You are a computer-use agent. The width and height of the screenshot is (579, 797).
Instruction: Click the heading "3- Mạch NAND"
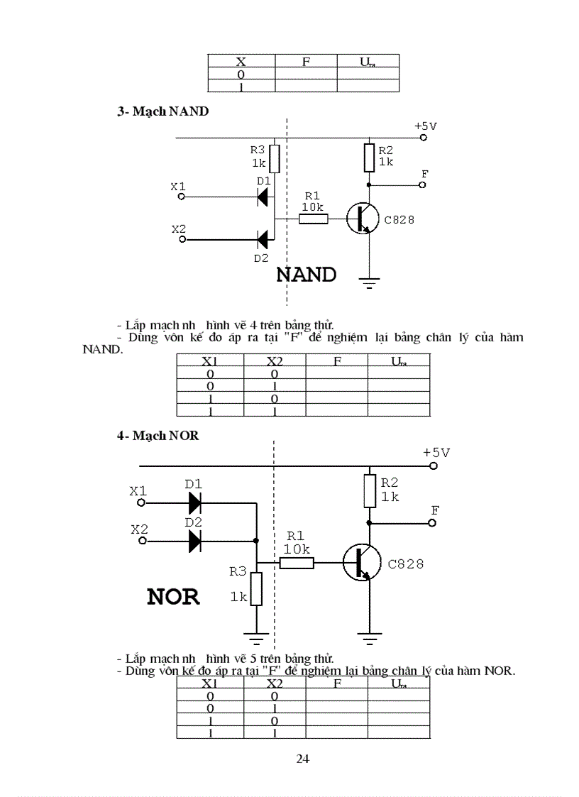coord(162,111)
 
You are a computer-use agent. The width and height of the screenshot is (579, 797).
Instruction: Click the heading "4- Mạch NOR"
coord(158,436)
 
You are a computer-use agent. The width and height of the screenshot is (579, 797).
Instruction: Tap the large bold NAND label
coord(306,275)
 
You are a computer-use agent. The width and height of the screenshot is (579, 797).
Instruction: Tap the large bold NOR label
coord(173,597)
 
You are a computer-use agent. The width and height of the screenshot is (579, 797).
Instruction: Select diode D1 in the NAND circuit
coord(263,197)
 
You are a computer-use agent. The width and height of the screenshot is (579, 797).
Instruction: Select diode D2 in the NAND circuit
coord(263,239)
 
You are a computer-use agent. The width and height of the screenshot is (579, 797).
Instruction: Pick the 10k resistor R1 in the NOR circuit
coord(297,563)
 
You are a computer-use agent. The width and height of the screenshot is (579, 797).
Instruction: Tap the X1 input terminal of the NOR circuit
coord(141,502)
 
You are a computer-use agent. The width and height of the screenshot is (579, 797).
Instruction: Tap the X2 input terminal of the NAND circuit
coord(182,240)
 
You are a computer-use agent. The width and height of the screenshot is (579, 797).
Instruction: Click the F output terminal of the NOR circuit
coord(433,523)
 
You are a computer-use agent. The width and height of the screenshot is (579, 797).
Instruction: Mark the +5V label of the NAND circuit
coord(426,126)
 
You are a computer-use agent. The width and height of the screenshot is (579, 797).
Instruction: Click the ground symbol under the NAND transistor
coord(369,284)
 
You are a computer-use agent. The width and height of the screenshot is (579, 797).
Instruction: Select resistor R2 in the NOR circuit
coord(370,491)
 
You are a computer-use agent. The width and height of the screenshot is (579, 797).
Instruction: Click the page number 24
coord(302,759)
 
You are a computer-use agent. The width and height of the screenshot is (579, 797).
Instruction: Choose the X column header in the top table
coord(241,62)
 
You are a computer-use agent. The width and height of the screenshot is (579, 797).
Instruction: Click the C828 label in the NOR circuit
coord(406,564)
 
